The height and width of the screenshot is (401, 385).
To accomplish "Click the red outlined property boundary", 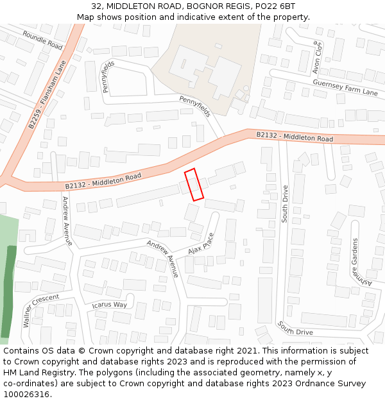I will pyautogui.click(x=194, y=185).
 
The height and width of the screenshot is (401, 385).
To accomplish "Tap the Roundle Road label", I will pyautogui.click(x=42, y=40).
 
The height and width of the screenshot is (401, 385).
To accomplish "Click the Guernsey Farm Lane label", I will pyautogui.click(x=345, y=87).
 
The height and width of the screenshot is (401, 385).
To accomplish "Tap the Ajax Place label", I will pyautogui.click(x=201, y=243).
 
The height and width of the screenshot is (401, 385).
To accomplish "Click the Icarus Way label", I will pyautogui.click(x=110, y=304).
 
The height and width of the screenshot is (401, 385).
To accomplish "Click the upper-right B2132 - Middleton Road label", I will pyautogui.click(x=295, y=137).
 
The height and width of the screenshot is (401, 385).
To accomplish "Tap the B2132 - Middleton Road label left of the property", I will pyautogui.click(x=103, y=180).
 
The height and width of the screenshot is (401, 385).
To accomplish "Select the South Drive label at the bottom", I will pyautogui.click(x=295, y=328).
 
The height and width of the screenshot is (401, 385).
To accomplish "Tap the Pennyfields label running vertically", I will pyautogui.click(x=108, y=76).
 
